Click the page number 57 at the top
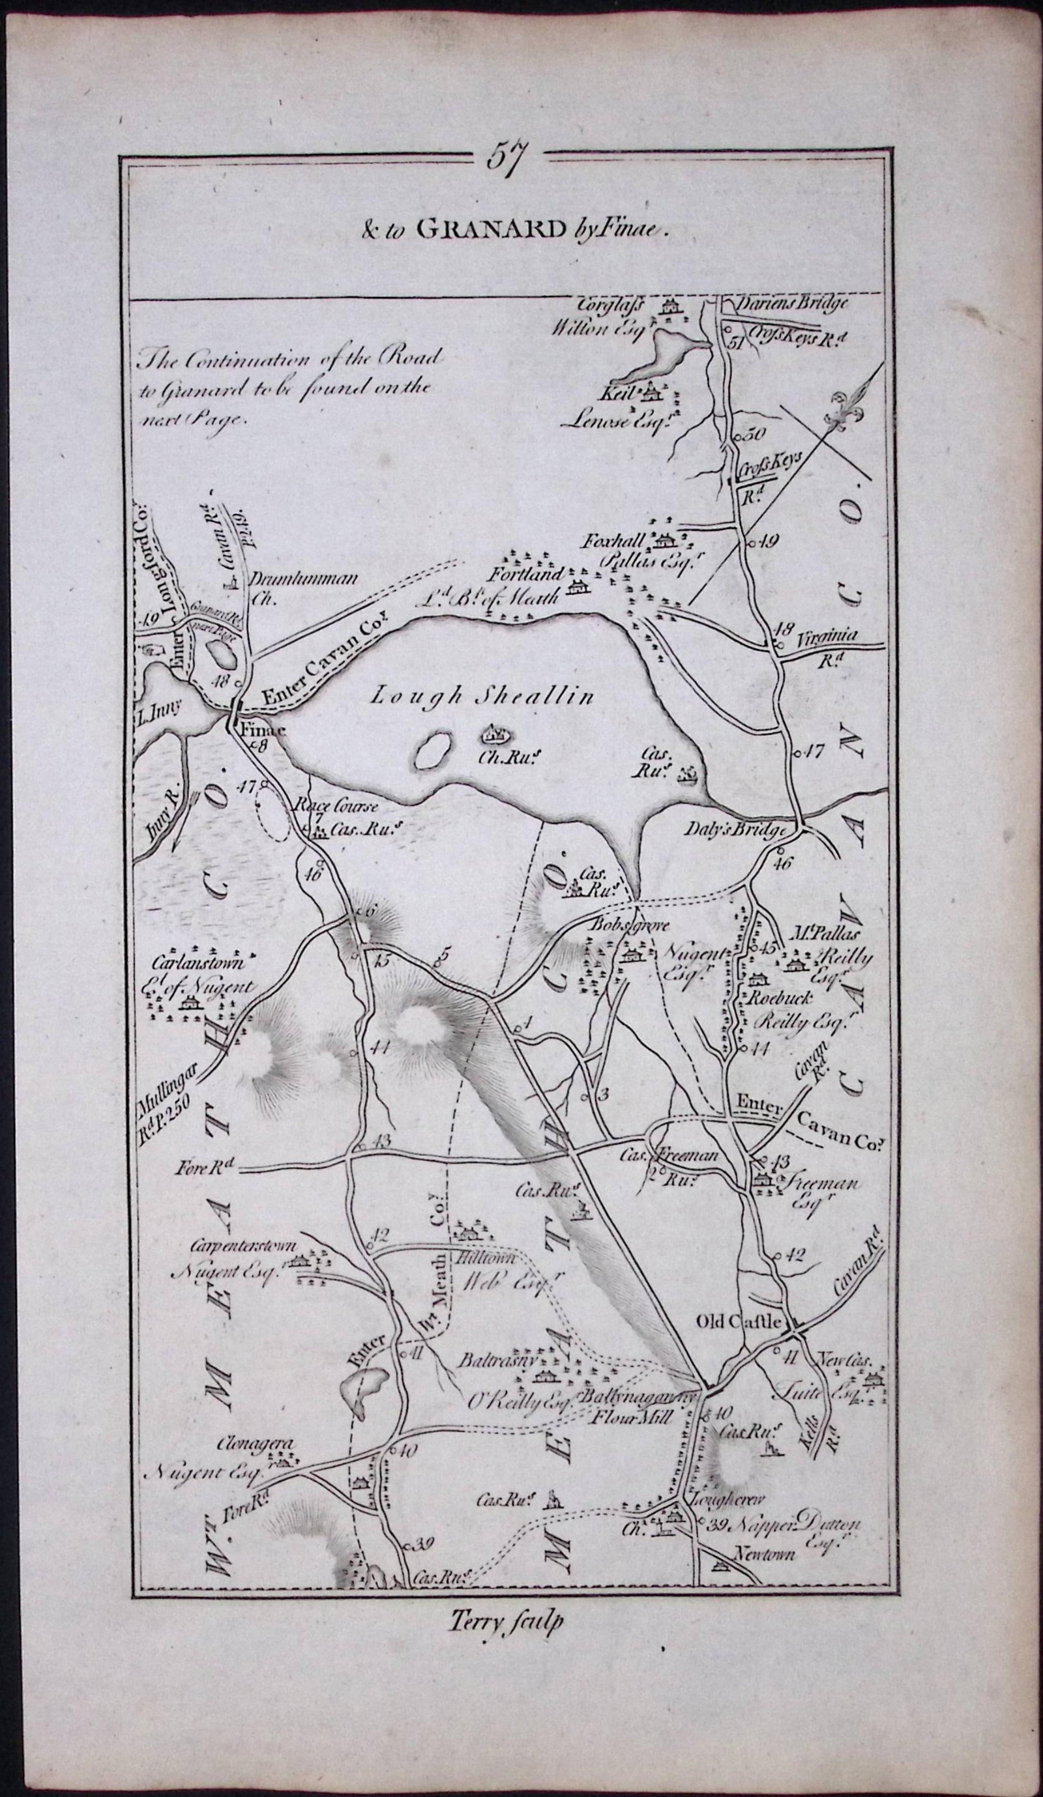tap(506, 156)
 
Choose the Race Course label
tap(331, 807)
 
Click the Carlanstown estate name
tap(198, 962)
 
